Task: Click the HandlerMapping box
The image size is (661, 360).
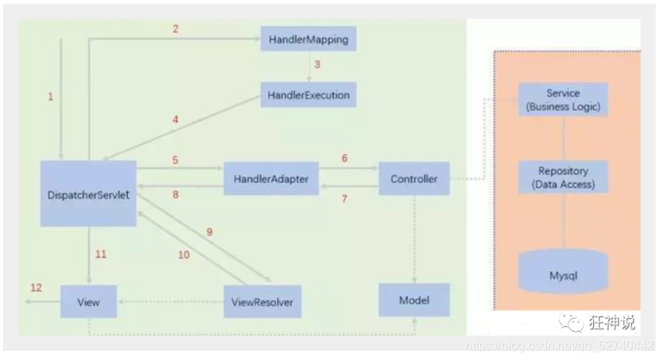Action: point(309,38)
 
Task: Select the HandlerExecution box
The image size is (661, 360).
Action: point(309,96)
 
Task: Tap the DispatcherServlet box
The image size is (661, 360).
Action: point(89,193)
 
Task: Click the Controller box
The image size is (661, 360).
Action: point(414,179)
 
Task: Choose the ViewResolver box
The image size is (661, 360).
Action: point(262,301)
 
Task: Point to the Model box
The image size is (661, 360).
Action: point(414,299)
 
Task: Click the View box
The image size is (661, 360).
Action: point(89,301)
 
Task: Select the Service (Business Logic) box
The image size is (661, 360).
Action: point(563,100)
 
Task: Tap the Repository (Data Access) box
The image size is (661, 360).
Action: point(563,177)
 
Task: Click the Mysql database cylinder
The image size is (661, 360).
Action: point(563,274)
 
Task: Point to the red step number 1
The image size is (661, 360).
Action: point(51,97)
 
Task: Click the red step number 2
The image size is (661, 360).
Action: point(175,29)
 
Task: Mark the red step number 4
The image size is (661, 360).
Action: point(175,119)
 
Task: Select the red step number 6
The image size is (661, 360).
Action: point(344,158)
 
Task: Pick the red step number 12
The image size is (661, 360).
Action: point(36,288)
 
